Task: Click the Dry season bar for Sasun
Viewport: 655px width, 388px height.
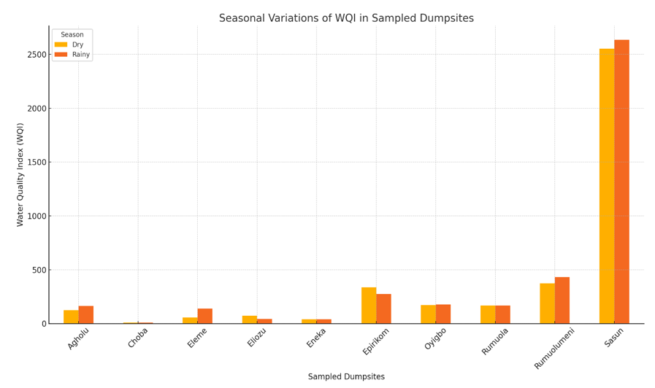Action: pos(606,186)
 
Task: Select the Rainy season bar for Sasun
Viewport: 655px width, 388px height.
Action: pos(621,182)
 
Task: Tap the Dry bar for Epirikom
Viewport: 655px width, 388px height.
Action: pos(368,306)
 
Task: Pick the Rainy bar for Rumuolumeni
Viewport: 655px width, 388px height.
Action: pos(562,300)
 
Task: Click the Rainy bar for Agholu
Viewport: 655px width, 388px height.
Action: pos(86,315)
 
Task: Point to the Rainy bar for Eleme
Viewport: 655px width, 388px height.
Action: pos(205,317)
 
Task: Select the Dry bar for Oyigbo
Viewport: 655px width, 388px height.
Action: pos(428,314)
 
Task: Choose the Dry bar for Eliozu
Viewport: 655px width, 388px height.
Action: pos(250,319)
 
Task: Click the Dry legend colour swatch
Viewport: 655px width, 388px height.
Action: pos(61,44)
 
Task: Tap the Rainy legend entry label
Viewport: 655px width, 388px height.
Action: pos(81,55)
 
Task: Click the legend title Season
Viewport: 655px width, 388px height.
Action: pos(72,34)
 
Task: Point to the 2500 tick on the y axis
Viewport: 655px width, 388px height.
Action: pos(36,55)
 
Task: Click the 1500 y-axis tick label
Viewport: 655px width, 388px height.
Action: pos(36,163)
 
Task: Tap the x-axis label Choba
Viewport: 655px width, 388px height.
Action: pos(138,337)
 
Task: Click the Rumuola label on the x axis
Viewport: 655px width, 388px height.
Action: pos(495,341)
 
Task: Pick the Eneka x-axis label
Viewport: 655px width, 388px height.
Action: pos(316,337)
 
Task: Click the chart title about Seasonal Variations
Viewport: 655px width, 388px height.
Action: pos(346,18)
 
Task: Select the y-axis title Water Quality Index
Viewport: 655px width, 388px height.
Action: pos(20,174)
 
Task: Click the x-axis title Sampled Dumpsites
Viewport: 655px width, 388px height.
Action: pos(346,377)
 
